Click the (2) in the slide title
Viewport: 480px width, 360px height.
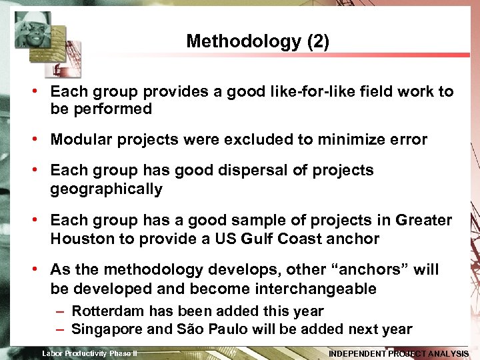pyautogui.click(x=318, y=41)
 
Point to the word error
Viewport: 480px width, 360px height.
pyautogui.click(x=407, y=139)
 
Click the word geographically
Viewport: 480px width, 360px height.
pyautogui.click(x=106, y=189)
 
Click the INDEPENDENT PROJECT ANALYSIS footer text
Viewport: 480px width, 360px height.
pyautogui.click(x=399, y=353)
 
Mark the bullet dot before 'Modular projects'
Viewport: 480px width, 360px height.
pyautogui.click(x=41, y=140)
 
